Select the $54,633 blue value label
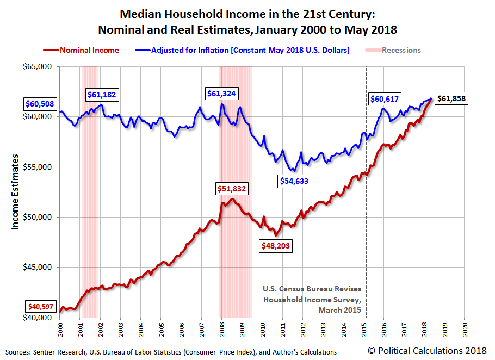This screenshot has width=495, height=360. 294,181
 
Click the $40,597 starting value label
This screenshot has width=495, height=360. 41,306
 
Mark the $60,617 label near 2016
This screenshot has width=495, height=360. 386,99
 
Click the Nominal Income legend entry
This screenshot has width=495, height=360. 82,50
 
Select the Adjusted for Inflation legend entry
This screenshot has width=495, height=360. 243,50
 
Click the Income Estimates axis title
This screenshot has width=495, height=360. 15,191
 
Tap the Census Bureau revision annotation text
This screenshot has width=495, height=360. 312,299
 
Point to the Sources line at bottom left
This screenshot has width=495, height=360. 170,352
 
